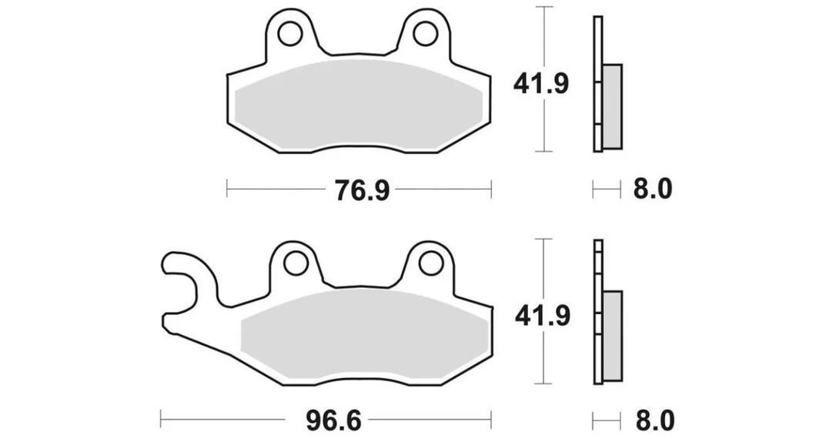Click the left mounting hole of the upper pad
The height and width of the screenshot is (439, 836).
(290, 34)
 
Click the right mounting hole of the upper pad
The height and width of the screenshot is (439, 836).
(426, 34)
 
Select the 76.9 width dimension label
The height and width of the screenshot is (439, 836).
(362, 190)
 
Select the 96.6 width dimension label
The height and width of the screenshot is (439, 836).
(334, 421)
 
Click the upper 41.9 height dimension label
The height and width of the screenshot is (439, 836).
(541, 84)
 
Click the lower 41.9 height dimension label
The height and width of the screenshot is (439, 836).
(543, 315)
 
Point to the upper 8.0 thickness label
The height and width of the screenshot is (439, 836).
(653, 189)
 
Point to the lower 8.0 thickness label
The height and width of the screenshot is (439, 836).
(654, 421)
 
